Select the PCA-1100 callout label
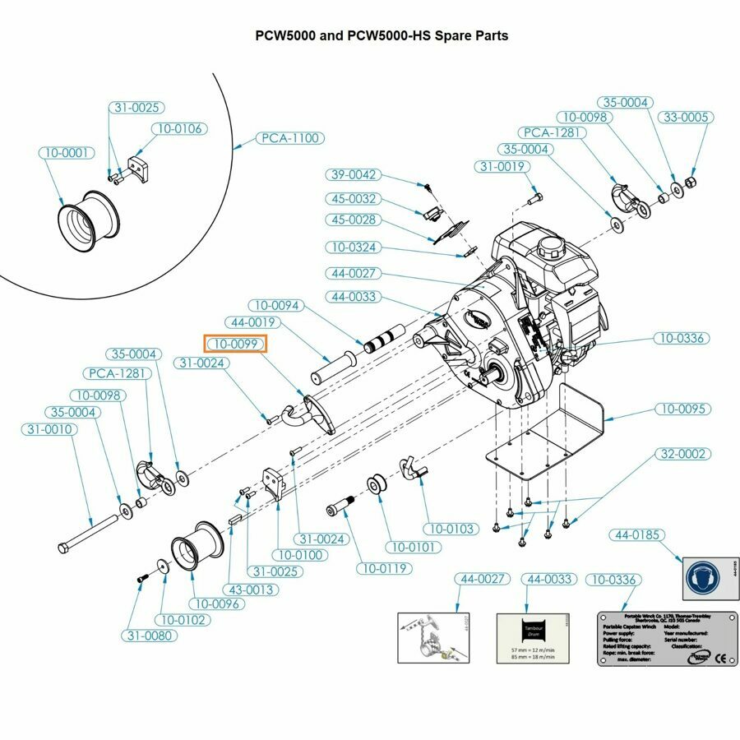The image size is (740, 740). pyautogui.click(x=289, y=138)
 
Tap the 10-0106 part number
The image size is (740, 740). pyautogui.click(x=179, y=129)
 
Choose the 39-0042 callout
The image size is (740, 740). pyautogui.click(x=354, y=174)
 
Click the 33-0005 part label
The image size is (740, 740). pyautogui.click(x=684, y=118)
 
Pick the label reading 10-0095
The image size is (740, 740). pyautogui.click(x=684, y=409)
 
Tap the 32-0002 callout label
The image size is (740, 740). pyautogui.click(x=683, y=454)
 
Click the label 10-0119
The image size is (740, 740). pyautogui.click(x=385, y=567)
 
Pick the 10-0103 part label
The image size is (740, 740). pyautogui.click(x=449, y=529)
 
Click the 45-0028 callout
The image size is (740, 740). pyautogui.click(x=354, y=220)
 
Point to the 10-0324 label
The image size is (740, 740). pyautogui.click(x=354, y=247)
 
